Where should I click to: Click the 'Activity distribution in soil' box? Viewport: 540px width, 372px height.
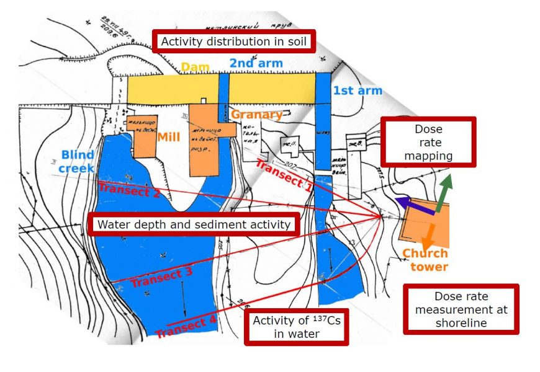click(x=235, y=42)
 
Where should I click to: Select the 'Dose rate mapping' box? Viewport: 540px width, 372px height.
click(x=428, y=142)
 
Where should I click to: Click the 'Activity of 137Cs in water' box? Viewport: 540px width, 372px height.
click(x=296, y=327)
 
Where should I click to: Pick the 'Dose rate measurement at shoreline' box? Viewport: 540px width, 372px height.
click(x=461, y=309)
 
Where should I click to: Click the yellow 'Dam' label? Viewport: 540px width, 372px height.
click(x=194, y=66)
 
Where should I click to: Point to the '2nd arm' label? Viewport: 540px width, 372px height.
click(x=256, y=63)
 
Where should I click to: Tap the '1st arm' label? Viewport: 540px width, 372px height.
click(x=358, y=91)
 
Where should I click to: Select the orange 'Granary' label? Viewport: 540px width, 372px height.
click(x=257, y=115)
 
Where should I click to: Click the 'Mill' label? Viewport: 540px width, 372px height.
click(x=169, y=136)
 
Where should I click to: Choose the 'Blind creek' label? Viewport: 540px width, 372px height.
click(x=77, y=161)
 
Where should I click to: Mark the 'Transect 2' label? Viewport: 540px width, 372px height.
click(x=129, y=190)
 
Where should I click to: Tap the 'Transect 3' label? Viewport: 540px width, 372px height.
click(x=161, y=277)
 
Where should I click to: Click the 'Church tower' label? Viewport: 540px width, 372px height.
click(x=425, y=260)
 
